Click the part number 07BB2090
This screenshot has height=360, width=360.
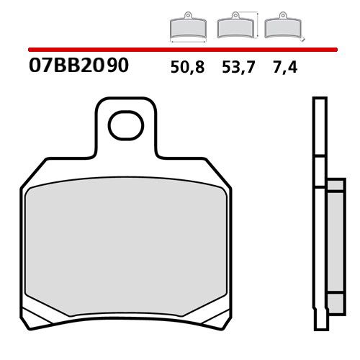(x=78, y=67)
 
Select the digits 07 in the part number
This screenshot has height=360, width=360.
(x=42, y=67)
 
